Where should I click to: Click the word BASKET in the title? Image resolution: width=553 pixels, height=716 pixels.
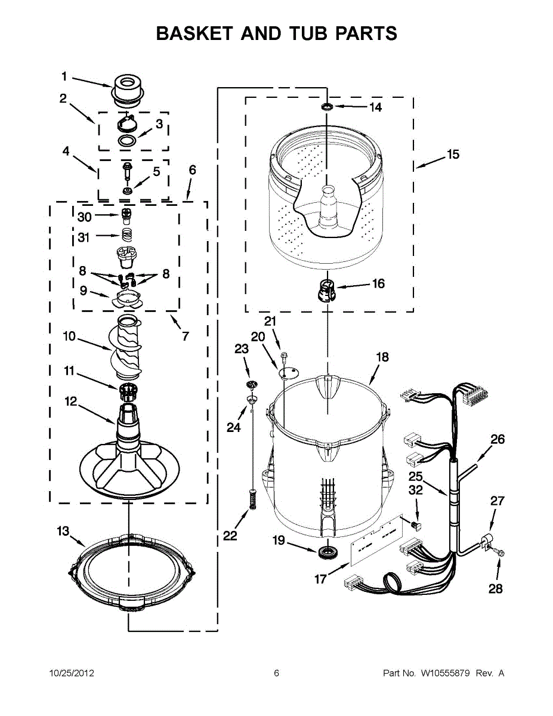pos(192,33)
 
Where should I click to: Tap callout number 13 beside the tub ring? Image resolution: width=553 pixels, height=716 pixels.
pos(63,531)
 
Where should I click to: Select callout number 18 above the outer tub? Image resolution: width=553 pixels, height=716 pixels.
pos(382,357)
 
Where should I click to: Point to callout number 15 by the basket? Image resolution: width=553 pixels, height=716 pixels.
pos(453,155)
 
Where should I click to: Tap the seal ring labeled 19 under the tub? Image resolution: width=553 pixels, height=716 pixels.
pos(326,551)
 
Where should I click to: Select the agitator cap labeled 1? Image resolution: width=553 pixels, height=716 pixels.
pos(126,88)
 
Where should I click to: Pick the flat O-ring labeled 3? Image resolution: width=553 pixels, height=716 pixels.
pos(126,141)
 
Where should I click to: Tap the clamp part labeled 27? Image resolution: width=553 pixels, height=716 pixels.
pos(489,542)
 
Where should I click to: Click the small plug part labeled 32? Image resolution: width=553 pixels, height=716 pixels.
pos(418,525)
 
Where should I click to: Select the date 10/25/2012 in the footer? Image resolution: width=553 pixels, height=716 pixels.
pos(71,674)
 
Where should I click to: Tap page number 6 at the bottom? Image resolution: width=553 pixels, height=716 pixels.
pos(276,674)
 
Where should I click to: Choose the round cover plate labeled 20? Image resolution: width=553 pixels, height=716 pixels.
pos(289,372)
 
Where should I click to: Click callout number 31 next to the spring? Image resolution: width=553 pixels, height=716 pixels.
pos(84,237)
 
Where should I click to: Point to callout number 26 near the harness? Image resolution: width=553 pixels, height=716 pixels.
pos(497,440)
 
